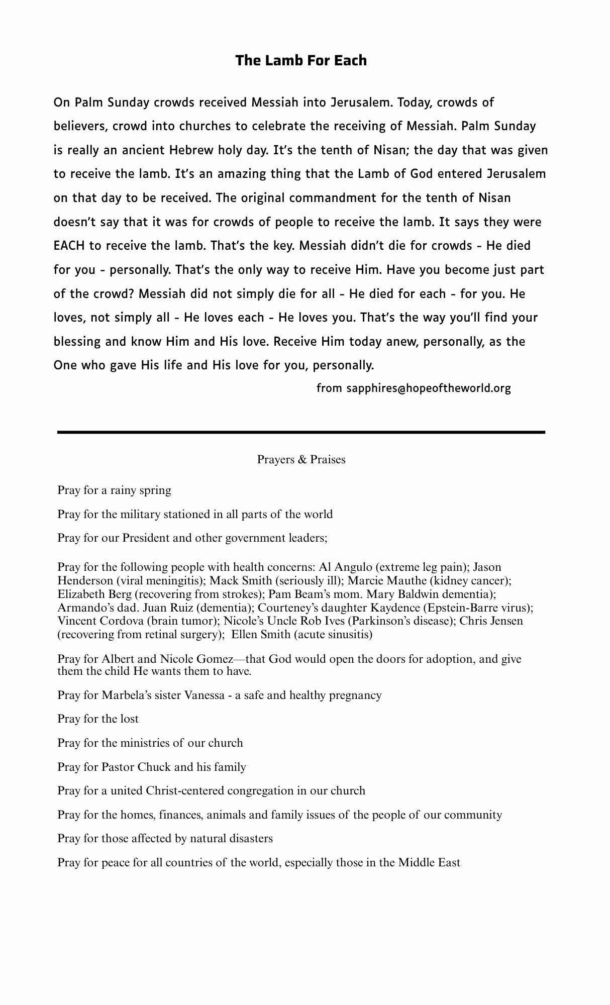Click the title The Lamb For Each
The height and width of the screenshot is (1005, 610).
pos(301,60)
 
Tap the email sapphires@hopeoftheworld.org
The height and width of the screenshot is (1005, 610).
pos(428,388)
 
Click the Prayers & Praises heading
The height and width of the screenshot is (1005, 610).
pos(301,459)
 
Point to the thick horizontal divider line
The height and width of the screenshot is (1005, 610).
pos(301,432)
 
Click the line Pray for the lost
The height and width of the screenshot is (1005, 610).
pos(98,719)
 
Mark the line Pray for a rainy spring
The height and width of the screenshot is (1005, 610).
pos(114,490)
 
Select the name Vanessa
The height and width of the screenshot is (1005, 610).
pos(206,695)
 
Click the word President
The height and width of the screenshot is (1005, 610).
pos(146,538)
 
